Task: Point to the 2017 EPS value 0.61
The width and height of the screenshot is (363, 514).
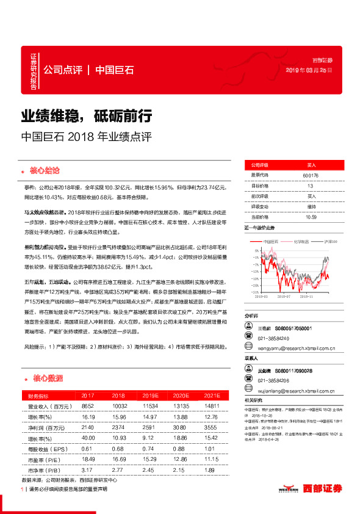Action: click(87, 449)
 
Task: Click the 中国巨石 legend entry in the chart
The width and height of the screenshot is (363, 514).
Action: click(268, 242)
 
